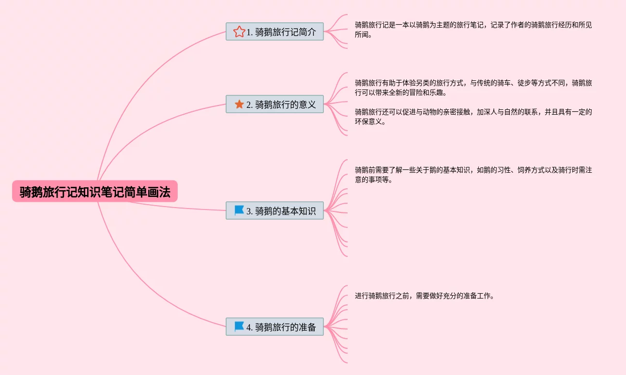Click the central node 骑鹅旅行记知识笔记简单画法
(x=95, y=192)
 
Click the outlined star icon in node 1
(x=239, y=32)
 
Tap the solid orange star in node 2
(x=239, y=104)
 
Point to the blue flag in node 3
(x=239, y=210)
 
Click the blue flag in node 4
(x=239, y=327)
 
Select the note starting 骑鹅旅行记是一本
(x=473, y=29)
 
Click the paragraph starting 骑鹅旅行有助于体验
(x=473, y=87)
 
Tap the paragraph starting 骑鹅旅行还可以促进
(x=473, y=116)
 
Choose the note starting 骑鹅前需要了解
(x=473, y=174)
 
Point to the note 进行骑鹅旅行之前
(x=424, y=296)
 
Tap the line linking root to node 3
(x=179, y=207)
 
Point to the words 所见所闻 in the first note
(x=585, y=25)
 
